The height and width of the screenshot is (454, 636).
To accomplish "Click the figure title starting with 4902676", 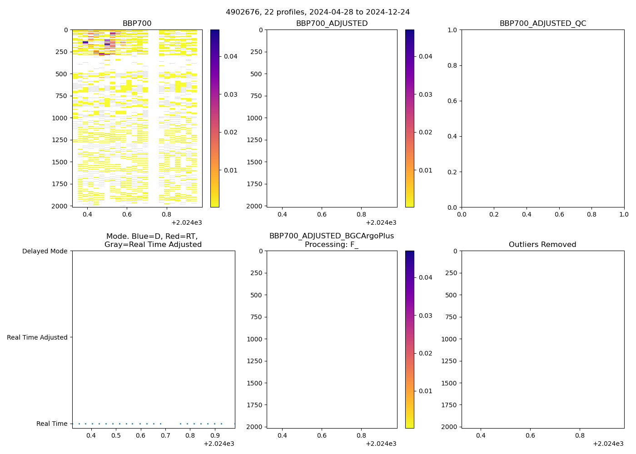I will (318, 12).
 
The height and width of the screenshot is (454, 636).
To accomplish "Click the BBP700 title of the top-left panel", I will (137, 24).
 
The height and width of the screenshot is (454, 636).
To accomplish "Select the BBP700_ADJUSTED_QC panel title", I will (542, 24).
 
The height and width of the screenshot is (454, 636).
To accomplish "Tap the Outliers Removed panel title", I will (542, 245).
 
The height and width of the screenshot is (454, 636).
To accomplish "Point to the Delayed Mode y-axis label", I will (45, 251).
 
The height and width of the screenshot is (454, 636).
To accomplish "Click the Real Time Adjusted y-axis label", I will (37, 337).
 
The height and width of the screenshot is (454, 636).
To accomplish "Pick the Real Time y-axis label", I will (52, 424).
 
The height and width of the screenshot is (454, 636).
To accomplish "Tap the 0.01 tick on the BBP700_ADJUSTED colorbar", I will (425, 170).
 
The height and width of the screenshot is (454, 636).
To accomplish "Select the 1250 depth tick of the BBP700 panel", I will (60, 140).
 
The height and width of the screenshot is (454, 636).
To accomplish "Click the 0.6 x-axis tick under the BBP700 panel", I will (127, 215).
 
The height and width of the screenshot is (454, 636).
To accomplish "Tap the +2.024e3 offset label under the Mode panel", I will (219, 444).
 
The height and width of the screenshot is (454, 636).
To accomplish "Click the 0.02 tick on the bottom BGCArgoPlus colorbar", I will (425, 353).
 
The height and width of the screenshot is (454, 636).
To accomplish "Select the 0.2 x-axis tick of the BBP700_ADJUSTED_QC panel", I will (494, 215).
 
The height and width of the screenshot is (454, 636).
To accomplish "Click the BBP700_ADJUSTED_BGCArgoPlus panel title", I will (331, 240).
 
